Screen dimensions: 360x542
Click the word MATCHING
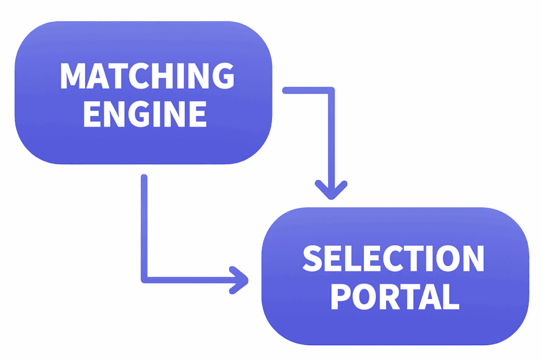[x=147, y=76]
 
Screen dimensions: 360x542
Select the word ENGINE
[x=144, y=114]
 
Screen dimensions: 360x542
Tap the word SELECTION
[x=393, y=259]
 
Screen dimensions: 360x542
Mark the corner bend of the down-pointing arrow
[x=331, y=91]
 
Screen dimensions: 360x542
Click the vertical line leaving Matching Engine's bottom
[x=144, y=222]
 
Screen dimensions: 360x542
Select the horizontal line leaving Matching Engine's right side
[x=307, y=91]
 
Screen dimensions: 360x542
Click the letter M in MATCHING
[x=73, y=76]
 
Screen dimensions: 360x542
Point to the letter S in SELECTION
[x=312, y=259]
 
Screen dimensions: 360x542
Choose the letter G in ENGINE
[x=143, y=114]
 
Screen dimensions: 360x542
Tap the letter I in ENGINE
[x=162, y=114]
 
